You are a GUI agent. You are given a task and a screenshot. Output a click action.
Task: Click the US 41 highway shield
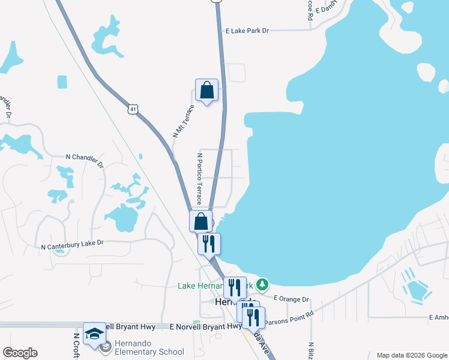[133, 109]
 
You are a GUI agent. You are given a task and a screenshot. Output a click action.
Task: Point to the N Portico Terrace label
[199, 178]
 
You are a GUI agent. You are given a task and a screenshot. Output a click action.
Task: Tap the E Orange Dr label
[291, 299]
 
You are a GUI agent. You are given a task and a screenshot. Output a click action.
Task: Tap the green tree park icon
[262, 284]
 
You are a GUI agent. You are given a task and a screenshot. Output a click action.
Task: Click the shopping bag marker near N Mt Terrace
[206, 91]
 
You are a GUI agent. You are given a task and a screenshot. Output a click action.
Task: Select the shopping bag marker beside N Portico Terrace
[201, 221]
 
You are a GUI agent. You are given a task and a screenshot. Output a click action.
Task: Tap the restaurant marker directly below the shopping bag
[209, 244]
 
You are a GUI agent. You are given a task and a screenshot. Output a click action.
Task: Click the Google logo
[20, 353]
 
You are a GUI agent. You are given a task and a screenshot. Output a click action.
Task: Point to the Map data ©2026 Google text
[411, 355]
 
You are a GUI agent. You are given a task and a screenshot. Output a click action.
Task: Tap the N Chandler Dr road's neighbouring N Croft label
[77, 347]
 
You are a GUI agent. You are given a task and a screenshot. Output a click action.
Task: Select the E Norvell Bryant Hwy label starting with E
[206, 327]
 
